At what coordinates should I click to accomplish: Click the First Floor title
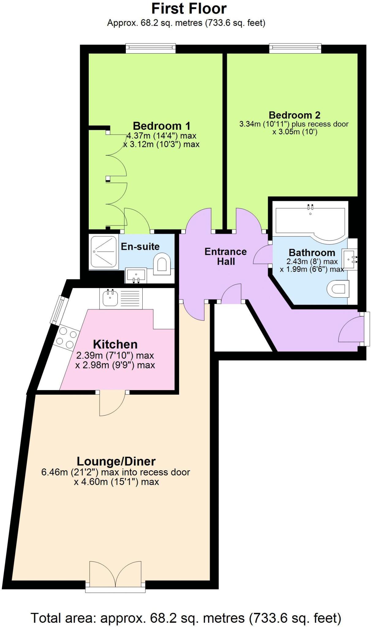pos(189,9)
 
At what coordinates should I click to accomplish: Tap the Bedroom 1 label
pos(161,126)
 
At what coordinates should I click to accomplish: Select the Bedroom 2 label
pos(294,115)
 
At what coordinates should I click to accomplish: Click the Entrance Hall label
pos(226,257)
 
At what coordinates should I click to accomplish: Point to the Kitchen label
pos(115,344)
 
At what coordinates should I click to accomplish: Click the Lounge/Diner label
pos(116,461)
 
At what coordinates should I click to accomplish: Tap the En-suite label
pos(140,246)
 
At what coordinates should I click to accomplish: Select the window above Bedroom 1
pos(151,48)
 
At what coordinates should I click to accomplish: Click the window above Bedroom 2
pos(295,48)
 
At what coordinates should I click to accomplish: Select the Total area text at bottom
pos(185,618)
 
